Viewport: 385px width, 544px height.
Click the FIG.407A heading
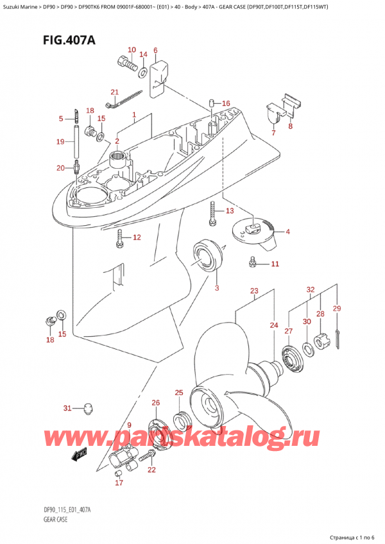coord(69,40)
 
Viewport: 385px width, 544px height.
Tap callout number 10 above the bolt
coord(132,50)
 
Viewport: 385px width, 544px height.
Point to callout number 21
coord(115,92)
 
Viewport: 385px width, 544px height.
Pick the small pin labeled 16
coord(210,103)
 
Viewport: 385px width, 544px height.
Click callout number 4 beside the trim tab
coord(288,232)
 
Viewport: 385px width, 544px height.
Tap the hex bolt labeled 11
coord(252,264)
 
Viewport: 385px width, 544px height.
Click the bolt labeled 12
coord(119,239)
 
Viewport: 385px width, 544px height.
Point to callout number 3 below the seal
coord(217,287)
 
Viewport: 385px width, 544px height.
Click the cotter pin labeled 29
coord(338,338)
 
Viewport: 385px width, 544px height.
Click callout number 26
coord(156,403)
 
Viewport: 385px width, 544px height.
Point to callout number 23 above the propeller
coord(254,291)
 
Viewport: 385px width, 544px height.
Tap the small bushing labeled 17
coord(118,474)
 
